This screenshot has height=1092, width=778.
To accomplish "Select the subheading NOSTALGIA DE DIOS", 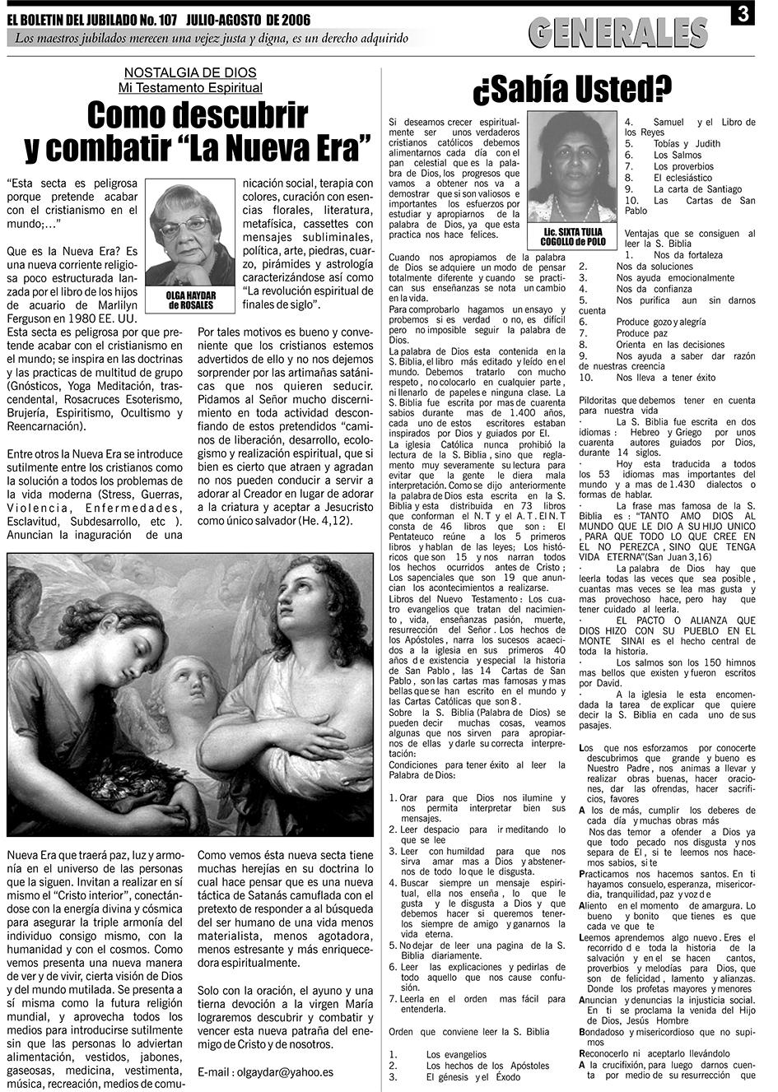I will [190, 73].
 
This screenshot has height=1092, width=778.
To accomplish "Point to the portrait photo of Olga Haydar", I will [189, 235].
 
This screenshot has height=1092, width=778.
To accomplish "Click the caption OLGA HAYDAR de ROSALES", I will [189, 300].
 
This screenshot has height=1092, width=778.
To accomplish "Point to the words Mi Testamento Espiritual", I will [190, 87].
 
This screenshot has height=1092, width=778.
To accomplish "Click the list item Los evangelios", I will [458, 1054].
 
